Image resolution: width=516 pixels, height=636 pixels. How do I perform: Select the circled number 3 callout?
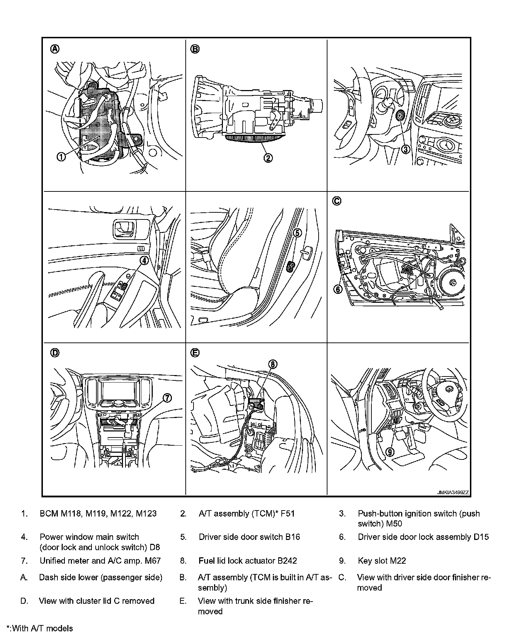point(406,149)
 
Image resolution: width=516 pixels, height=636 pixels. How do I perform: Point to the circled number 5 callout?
point(297,233)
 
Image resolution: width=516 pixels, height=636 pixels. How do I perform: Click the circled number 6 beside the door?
point(338,289)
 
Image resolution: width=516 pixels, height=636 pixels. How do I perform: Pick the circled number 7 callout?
point(168,398)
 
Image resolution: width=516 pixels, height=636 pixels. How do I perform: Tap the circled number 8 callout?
point(273,364)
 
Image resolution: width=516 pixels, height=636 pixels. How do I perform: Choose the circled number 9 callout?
point(390,452)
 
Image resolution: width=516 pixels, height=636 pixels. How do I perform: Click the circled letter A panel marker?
point(55,49)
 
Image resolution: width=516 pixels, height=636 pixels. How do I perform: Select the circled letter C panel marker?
point(337,201)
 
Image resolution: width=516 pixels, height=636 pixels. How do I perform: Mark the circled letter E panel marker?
point(195,353)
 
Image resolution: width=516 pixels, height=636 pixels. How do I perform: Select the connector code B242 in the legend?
point(287,561)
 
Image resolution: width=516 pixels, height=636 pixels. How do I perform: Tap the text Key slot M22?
point(382,561)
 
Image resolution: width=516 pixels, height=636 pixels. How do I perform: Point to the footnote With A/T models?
point(40,629)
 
